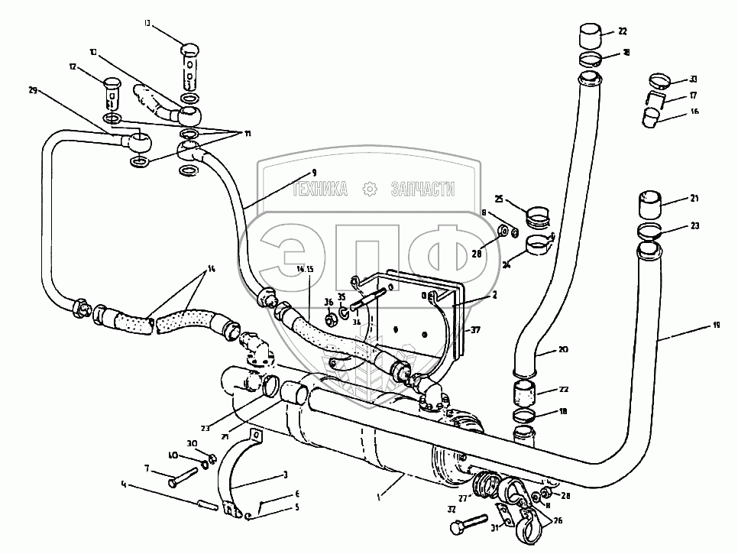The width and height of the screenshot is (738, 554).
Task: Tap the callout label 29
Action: (33, 91)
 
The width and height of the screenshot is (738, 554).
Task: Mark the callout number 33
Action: (693, 79)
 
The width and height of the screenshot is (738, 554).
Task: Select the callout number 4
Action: (123, 483)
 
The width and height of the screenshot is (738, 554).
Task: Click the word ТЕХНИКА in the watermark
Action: (320, 188)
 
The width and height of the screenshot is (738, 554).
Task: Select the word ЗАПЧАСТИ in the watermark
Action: (422, 188)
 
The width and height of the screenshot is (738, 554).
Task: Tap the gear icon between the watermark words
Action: (370, 188)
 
